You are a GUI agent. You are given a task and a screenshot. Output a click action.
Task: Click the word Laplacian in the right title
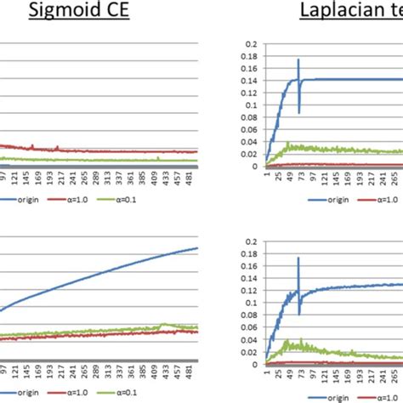339,13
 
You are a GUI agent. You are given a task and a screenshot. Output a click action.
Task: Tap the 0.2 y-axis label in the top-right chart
249,44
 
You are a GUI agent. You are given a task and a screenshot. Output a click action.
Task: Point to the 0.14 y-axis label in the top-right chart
247,81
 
